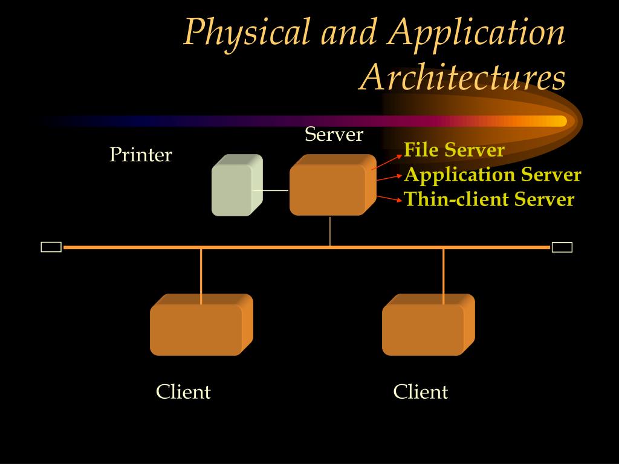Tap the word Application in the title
click(x=478, y=33)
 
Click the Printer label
click(x=140, y=155)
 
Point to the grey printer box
click(x=236, y=185)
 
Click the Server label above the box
click(x=334, y=134)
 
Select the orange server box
click(x=331, y=185)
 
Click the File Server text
click(x=454, y=150)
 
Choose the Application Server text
click(x=492, y=175)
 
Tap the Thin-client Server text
click(x=489, y=199)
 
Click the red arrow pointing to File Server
click(x=386, y=161)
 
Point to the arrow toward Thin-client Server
click(x=389, y=198)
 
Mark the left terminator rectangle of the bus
click(x=51, y=246)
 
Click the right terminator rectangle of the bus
click(x=562, y=246)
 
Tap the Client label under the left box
click(x=183, y=392)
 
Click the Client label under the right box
click(x=421, y=392)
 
